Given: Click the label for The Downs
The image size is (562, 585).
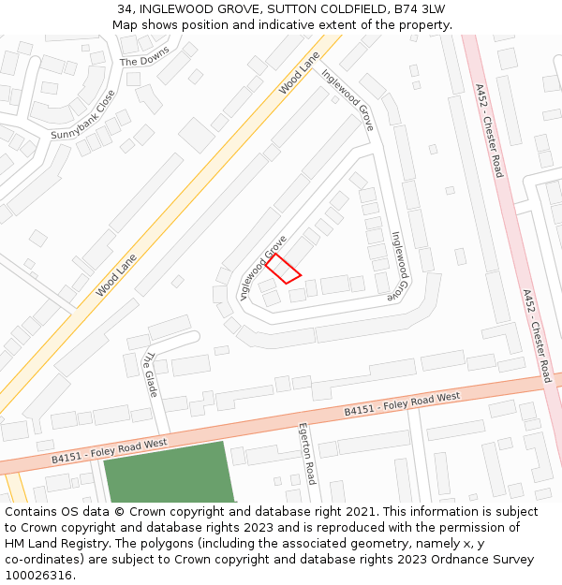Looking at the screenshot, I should pyautogui.click(x=145, y=55).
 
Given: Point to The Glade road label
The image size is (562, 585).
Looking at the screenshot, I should pyautogui.click(x=150, y=373).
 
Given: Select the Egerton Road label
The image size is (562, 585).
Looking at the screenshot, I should pyautogui.click(x=305, y=453).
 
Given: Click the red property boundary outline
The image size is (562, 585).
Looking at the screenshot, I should pyautogui.click(x=284, y=269).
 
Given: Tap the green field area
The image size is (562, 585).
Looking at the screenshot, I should pyautogui.click(x=169, y=472).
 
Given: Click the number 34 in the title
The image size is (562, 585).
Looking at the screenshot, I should pyautogui.click(x=125, y=9).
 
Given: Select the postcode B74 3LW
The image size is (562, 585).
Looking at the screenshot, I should pyautogui.click(x=420, y=9).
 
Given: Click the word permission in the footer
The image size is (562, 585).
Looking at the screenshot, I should pyautogui.click(x=476, y=528).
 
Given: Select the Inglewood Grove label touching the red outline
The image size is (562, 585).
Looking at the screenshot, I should pyautogui.click(x=262, y=266).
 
